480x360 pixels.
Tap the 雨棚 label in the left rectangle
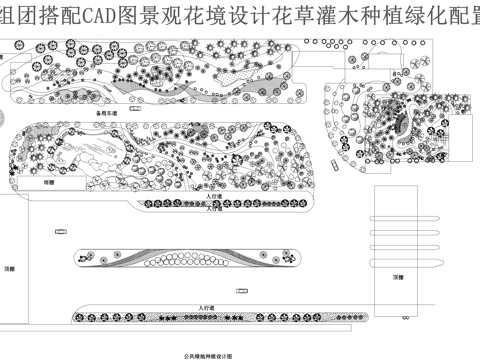[x=47, y=184]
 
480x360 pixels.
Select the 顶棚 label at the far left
[x=8, y=268]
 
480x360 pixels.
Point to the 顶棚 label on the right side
[x=397, y=276]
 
